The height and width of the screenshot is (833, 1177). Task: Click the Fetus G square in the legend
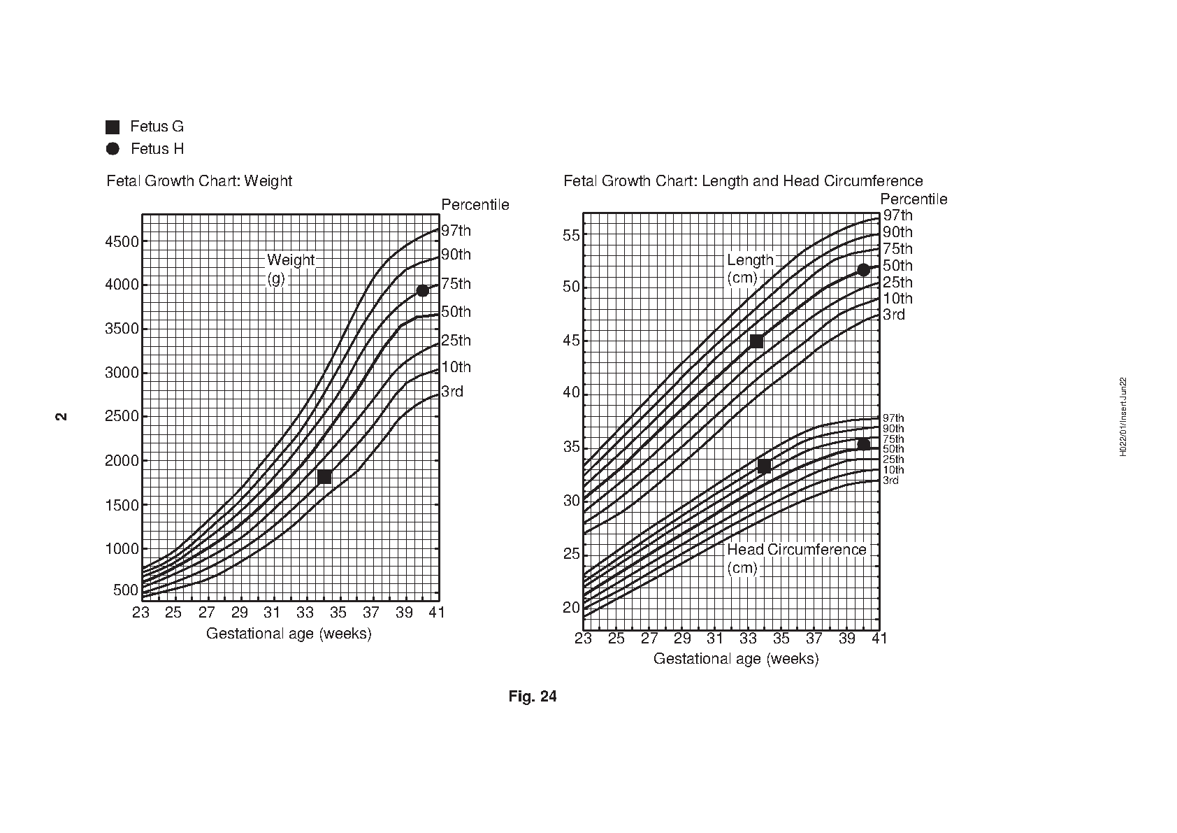click(113, 127)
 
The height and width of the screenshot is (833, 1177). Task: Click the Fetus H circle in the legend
click(113, 149)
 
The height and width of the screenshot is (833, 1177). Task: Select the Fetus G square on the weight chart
click(324, 477)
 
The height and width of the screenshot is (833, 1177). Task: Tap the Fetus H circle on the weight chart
click(422, 291)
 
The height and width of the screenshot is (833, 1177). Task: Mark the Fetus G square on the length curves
click(756, 341)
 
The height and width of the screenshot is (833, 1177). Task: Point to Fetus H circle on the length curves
click(863, 270)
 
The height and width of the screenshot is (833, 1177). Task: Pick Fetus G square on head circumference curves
click(764, 467)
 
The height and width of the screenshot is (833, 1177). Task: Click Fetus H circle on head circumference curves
click(863, 445)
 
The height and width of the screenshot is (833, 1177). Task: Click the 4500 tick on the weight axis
click(122, 242)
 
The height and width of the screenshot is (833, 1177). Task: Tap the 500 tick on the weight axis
click(126, 590)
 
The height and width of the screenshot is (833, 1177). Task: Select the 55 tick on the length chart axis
click(571, 235)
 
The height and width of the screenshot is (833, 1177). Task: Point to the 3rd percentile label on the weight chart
click(452, 392)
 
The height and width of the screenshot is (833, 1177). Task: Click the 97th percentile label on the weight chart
click(456, 231)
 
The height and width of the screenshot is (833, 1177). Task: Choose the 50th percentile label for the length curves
click(897, 266)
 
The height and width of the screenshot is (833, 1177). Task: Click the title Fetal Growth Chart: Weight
click(199, 181)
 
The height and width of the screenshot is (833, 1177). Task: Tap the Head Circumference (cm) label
click(796, 558)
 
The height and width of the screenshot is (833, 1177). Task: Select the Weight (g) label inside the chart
click(290, 269)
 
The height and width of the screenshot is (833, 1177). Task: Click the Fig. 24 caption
click(533, 697)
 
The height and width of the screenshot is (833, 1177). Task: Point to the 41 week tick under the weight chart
click(438, 613)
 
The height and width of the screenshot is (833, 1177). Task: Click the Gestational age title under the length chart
click(735, 659)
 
